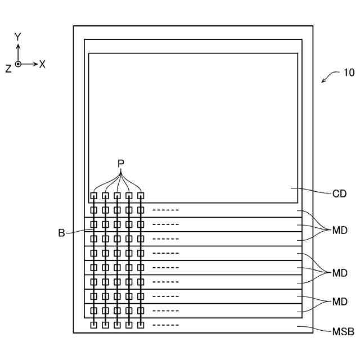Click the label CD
pyautogui.click(x=339, y=194)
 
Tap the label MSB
pyautogui.click(x=343, y=332)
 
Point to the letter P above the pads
pyautogui.click(x=120, y=163)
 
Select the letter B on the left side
pyautogui.click(x=61, y=232)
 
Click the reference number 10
pyautogui.click(x=349, y=73)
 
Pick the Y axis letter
pyautogui.click(x=18, y=37)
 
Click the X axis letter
pyautogui.click(x=42, y=64)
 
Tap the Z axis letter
pyautogui.click(x=8, y=68)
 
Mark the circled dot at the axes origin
pyautogui.click(x=18, y=64)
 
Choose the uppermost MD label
pyautogui.click(x=340, y=230)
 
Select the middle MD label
pyautogui.click(x=340, y=273)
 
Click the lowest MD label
pyautogui.click(x=340, y=302)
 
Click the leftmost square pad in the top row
pyautogui.click(x=93, y=196)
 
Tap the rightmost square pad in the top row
pyautogui.click(x=141, y=196)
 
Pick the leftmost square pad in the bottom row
pyautogui.click(x=93, y=325)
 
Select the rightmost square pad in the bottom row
pyautogui.click(x=141, y=325)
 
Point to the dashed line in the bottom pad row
pyautogui.click(x=165, y=325)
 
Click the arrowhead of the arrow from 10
pyautogui.click(x=323, y=82)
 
